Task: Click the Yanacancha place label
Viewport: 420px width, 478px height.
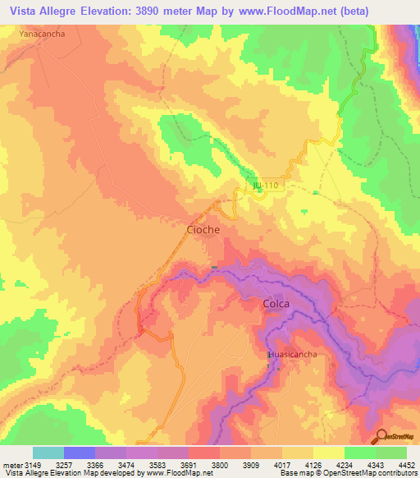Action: point(42,35)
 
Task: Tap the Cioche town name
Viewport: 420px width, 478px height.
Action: point(202,230)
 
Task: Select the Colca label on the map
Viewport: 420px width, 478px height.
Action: point(276,304)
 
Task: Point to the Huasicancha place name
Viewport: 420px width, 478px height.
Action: point(292,354)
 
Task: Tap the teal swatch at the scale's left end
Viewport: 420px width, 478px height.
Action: point(48,453)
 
